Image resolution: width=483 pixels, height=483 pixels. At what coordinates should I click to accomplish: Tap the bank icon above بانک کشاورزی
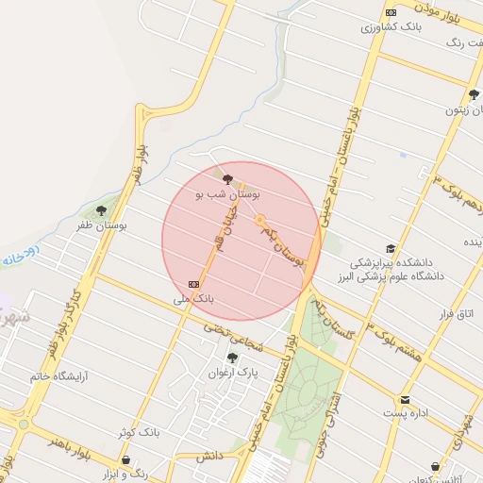391,12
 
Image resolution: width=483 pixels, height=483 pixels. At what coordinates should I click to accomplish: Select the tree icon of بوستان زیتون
474,94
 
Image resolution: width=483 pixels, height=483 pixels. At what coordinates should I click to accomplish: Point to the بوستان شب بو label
227,193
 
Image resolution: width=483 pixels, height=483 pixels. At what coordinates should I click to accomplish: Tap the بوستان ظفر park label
99,225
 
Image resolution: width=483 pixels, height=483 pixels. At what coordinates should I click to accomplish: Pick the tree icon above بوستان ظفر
101,210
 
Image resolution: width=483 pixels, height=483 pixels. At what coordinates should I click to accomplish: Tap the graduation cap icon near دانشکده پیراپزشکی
391,248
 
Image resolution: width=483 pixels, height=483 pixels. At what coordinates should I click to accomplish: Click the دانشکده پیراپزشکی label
391,262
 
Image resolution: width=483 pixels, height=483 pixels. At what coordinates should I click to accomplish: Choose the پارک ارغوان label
232,373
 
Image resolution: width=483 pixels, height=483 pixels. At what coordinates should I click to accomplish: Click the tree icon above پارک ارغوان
232,358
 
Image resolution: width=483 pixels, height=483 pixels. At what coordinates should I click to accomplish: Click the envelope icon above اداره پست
406,399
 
